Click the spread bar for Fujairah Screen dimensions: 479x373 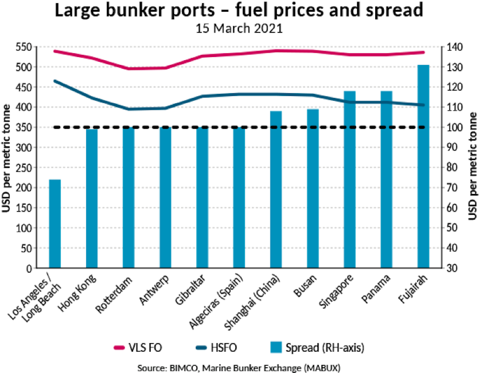pos(423,166)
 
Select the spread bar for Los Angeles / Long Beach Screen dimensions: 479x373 pos(55,224)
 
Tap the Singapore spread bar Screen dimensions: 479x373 pos(350,180)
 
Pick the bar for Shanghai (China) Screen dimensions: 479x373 pos(276,190)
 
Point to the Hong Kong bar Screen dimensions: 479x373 pos(92,199)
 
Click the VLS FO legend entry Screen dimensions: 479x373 pos(137,347)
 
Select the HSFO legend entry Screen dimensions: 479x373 pos(216,347)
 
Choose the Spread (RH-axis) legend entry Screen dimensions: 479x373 pos(317,347)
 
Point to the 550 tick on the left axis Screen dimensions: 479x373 pos(24,47)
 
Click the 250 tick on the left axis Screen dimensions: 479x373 pos(24,167)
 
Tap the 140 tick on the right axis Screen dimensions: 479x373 pos(455,47)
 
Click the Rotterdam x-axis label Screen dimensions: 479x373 pos(114,295)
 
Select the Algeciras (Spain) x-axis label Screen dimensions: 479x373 pos(216,302)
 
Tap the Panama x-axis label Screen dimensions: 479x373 pos(376,288)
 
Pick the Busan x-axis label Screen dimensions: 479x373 pos(305,286)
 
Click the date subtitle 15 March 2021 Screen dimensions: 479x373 pos(239,28)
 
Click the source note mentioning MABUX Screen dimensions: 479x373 pos(239,368)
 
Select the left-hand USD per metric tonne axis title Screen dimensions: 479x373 pos(6,158)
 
